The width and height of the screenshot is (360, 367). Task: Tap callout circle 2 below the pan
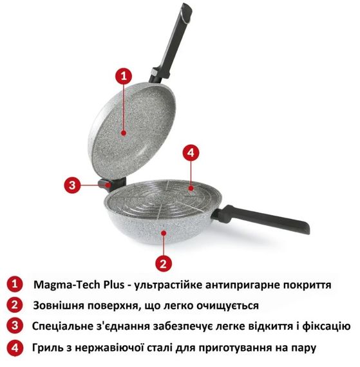pyautogui.click(x=164, y=263)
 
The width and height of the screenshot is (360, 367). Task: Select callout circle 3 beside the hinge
pyautogui.click(x=73, y=183)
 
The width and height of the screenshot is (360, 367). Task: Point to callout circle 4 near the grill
pyautogui.click(x=190, y=153)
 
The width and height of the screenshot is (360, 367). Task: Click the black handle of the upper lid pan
pyautogui.click(x=178, y=39)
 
